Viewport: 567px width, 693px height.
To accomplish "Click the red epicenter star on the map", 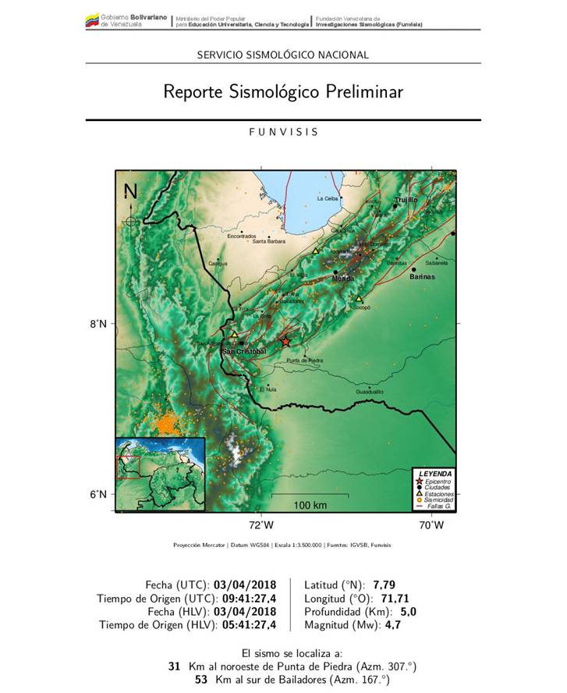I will pyautogui.click(x=285, y=342).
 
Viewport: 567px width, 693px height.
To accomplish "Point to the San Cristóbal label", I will pyautogui.click(x=245, y=351).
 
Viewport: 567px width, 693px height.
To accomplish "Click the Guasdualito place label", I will pyautogui.click(x=370, y=391).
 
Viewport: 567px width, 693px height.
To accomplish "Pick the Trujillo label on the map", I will pyautogui.click(x=406, y=200).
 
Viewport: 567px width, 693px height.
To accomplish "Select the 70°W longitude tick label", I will pyautogui.click(x=431, y=525).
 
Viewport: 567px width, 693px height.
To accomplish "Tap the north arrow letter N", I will pyautogui.click(x=130, y=192).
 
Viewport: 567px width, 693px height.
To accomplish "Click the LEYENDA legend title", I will pyautogui.click(x=434, y=474).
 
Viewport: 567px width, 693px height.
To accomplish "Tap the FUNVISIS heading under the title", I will pyautogui.click(x=283, y=132).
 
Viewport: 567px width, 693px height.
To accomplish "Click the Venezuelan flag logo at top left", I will pyautogui.click(x=92, y=21).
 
